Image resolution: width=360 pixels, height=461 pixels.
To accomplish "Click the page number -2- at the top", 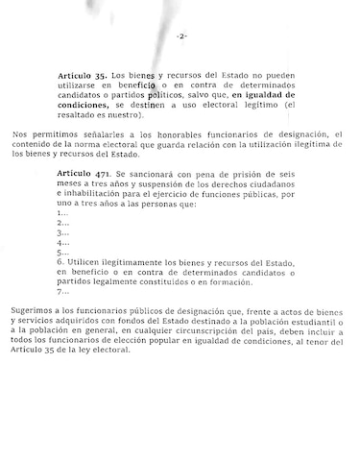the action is click(180, 36).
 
